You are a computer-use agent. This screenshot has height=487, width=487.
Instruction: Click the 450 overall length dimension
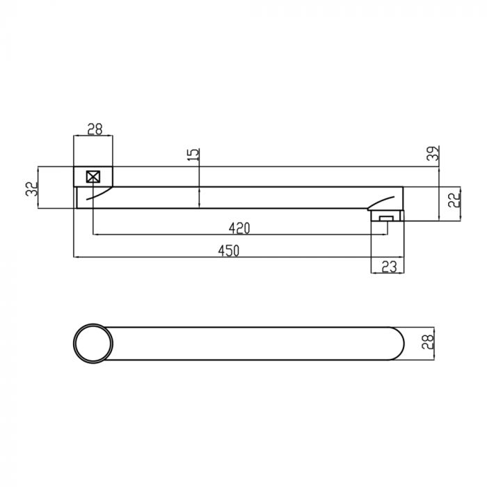click(x=229, y=250)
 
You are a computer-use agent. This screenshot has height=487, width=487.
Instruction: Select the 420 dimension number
click(x=239, y=229)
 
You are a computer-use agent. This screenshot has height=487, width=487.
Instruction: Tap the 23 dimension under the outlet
click(x=389, y=266)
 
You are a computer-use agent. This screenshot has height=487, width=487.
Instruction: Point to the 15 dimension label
click(x=193, y=154)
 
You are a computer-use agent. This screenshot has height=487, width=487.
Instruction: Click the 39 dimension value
click(x=433, y=153)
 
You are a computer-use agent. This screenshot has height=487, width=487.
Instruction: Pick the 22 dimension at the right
click(x=454, y=200)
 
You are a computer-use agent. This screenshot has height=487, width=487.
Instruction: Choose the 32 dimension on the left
click(x=32, y=189)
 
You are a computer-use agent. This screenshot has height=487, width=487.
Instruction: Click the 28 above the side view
click(x=95, y=129)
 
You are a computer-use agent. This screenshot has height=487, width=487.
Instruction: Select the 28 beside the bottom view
click(x=428, y=342)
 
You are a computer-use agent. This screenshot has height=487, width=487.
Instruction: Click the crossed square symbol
click(x=93, y=177)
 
